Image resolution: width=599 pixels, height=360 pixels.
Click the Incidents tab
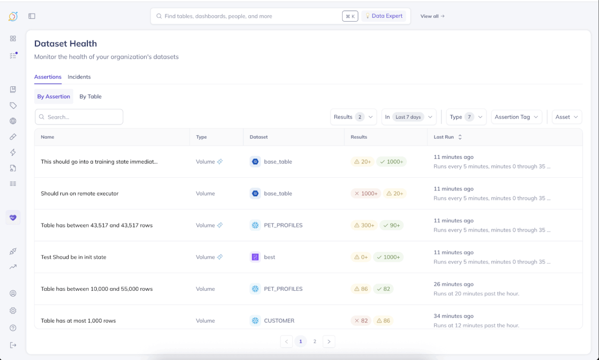click(x=79, y=77)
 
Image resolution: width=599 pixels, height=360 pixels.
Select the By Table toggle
click(x=90, y=97)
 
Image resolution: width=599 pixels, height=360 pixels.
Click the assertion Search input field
click(x=79, y=117)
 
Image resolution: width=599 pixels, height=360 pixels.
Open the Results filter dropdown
click(x=353, y=117)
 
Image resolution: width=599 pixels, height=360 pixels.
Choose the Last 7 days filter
click(x=409, y=117)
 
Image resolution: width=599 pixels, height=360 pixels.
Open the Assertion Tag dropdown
click(x=516, y=117)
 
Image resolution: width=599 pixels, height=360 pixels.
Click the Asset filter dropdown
click(x=566, y=117)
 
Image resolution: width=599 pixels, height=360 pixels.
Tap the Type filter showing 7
click(x=466, y=117)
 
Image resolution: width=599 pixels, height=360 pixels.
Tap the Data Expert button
click(x=383, y=16)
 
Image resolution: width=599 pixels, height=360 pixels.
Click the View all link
click(x=432, y=16)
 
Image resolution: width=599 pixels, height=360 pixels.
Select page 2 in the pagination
click(x=315, y=341)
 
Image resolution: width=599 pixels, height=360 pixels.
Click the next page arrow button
click(x=329, y=341)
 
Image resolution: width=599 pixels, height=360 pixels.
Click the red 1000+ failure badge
click(x=366, y=194)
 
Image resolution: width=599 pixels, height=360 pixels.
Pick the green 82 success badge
click(x=383, y=289)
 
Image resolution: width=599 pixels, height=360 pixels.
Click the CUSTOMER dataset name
click(x=279, y=321)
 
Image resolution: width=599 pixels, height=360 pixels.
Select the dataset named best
click(x=270, y=257)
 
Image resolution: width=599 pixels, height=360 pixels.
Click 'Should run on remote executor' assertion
click(x=80, y=194)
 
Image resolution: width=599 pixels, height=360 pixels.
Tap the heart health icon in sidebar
click(x=13, y=217)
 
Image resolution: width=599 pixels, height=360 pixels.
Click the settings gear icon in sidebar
click(x=13, y=311)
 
